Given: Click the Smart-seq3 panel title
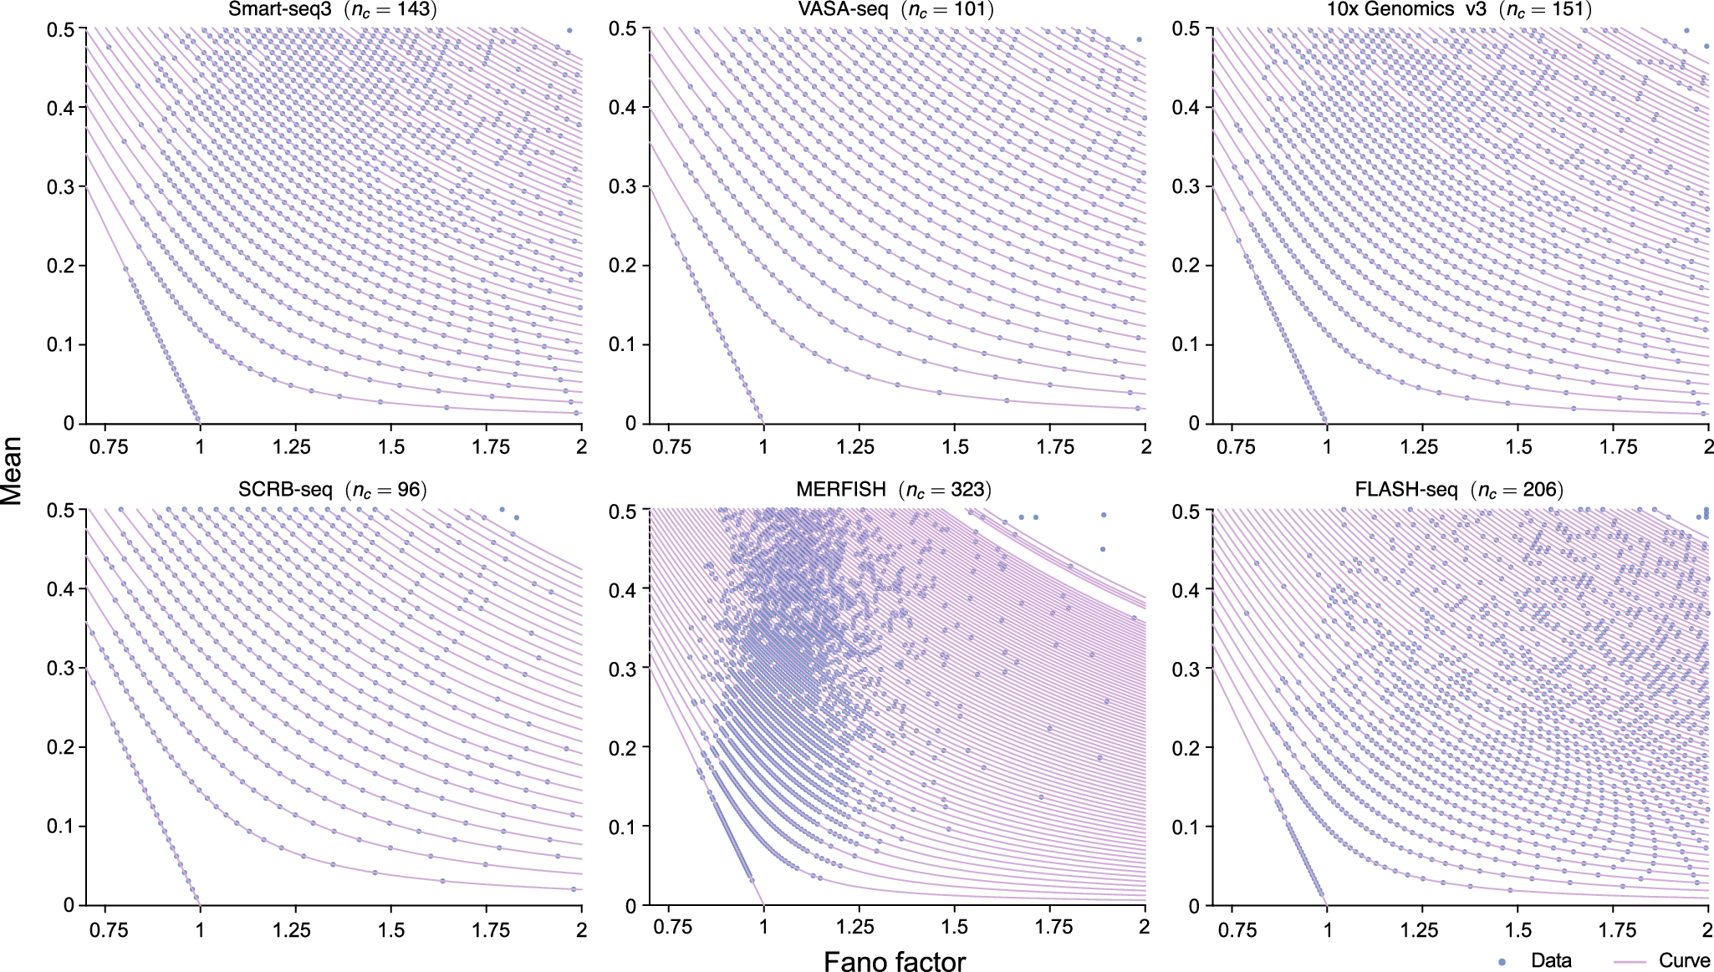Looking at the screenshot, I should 333,10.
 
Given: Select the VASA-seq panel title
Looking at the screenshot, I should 895,10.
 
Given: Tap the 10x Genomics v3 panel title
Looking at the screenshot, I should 1459,10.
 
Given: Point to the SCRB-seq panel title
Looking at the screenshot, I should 332,490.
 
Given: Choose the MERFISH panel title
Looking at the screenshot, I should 894,490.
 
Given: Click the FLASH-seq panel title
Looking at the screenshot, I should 1458,490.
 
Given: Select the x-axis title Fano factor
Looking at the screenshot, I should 895,962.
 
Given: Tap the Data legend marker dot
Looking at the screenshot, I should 1502,962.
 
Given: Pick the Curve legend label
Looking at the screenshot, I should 1684,961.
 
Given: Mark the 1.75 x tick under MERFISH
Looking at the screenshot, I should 1053,928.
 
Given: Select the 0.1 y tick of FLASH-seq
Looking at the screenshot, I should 1186,827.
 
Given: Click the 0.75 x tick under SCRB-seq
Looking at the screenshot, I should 109,929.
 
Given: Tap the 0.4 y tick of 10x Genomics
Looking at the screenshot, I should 1186,107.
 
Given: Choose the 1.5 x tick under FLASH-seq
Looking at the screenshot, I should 1518,929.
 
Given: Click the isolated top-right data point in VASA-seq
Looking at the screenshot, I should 1139,39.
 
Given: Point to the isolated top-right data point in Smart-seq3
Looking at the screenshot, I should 569,30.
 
